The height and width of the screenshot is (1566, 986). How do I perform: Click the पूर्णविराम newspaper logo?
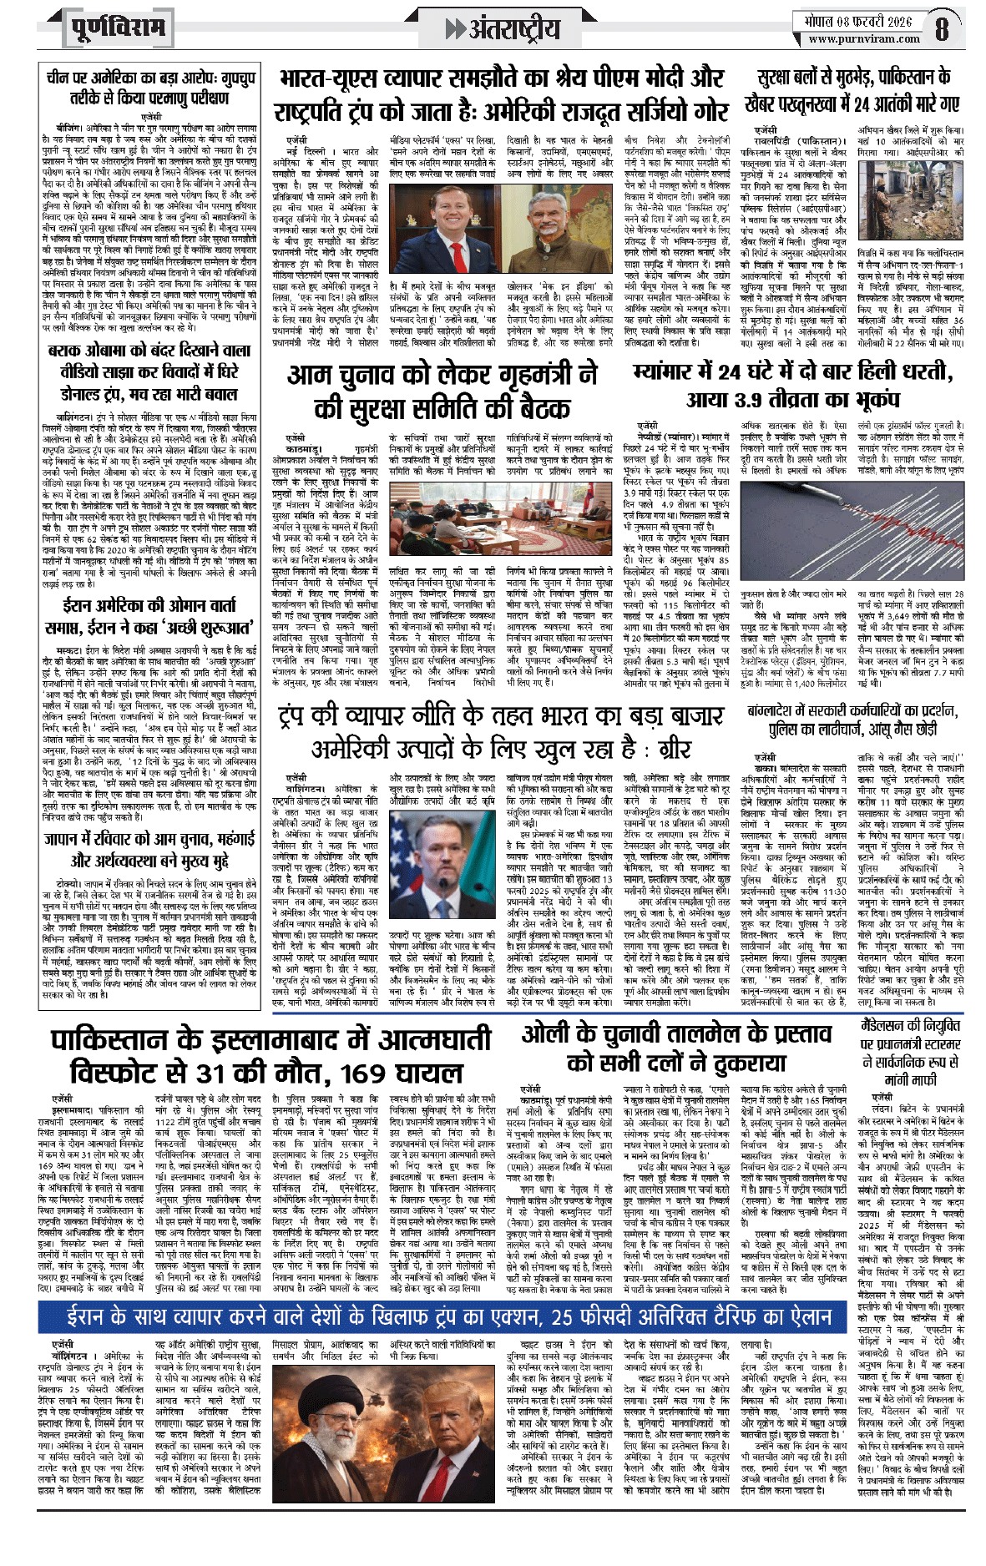point(118,28)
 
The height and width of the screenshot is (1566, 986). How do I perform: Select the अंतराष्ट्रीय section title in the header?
point(503,28)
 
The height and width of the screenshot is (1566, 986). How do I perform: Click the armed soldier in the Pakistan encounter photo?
point(910,200)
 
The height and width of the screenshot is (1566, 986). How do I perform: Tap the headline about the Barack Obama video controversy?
point(148,372)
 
